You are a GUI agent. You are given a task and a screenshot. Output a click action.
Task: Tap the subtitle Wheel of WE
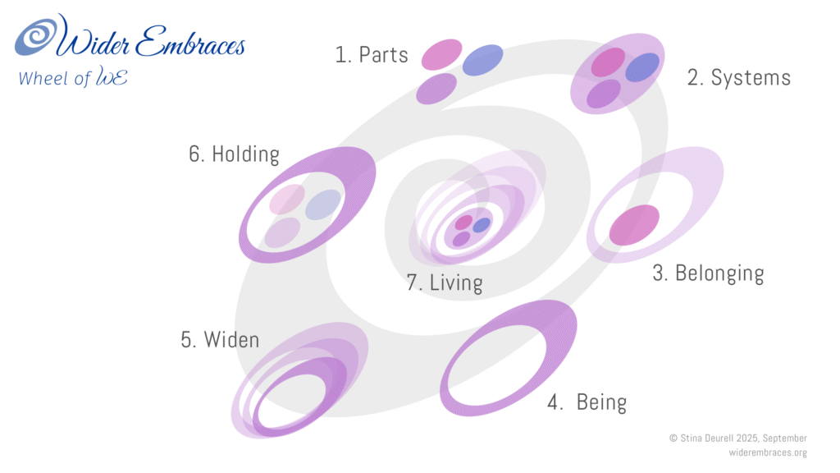pos(72,79)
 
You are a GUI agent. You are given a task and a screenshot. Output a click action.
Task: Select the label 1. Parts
pos(372,55)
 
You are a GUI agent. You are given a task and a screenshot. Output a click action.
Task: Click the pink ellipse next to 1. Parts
pos(442,54)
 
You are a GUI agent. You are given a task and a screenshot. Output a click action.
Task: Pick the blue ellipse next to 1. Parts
pos(483,60)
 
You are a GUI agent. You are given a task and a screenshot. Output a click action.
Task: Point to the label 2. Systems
pos(738,78)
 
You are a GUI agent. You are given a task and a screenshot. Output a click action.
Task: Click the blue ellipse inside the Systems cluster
pos(642,67)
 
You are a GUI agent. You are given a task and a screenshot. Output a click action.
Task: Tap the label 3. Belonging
pos(708,273)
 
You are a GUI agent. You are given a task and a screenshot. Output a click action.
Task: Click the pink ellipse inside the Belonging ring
pos(634,225)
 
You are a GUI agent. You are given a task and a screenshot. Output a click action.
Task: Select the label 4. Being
pos(587,403)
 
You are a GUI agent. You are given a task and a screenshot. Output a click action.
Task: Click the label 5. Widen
pos(220,339)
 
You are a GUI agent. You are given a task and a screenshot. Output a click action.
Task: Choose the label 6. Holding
pos(234,154)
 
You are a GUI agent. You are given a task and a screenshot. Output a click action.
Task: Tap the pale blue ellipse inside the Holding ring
pos(323,204)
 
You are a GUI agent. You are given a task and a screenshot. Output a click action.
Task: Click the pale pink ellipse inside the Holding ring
pos(287,199)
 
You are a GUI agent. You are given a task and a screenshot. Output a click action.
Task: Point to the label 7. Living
pos(445,283)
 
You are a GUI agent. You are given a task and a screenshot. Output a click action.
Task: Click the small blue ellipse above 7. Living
pos(482,224)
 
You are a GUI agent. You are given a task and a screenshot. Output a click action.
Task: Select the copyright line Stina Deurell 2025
pos(737,439)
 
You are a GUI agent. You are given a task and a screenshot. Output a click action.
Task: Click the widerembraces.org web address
pos(767,452)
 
